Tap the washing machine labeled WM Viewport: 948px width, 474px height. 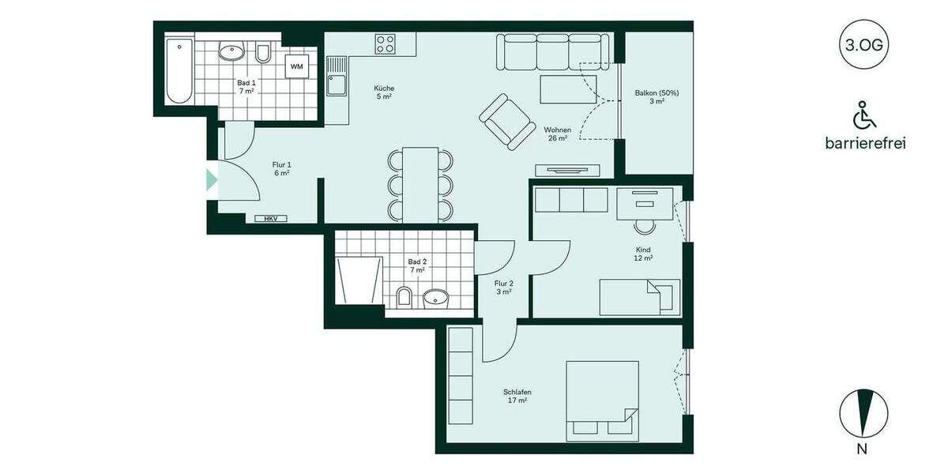297,66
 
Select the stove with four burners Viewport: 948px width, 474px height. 385,43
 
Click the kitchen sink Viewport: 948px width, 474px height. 337,77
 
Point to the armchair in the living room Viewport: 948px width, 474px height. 506,122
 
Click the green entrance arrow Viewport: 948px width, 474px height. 211,180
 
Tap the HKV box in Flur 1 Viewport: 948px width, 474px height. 270,218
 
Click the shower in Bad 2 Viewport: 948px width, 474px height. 356,279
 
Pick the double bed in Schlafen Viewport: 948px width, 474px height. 602,401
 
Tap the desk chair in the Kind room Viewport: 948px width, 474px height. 645,226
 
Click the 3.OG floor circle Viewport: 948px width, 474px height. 863,45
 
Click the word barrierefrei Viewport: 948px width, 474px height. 864,144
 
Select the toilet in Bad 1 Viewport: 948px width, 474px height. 263,54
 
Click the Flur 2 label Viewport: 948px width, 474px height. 503,287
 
